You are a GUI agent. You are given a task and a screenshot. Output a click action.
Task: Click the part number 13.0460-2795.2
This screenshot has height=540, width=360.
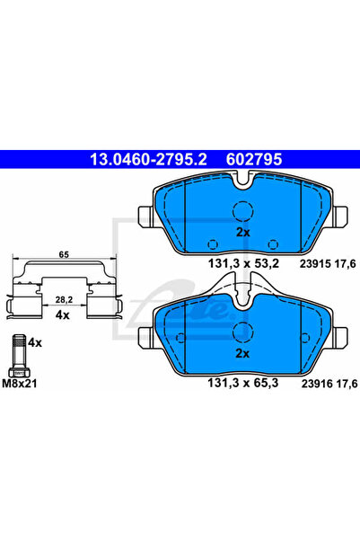click(x=148, y=159)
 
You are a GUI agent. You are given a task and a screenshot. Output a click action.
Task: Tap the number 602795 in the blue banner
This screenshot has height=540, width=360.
click(x=254, y=159)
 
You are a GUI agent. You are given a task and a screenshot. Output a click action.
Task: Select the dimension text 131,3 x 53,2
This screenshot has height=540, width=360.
click(x=243, y=264)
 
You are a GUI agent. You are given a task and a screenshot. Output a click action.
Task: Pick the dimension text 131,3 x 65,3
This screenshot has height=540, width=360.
click(x=243, y=383)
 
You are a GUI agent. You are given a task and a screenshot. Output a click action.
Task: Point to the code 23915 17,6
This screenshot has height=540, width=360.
click(x=328, y=264)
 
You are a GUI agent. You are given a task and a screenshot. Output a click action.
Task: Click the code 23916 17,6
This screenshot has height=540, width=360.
click(x=329, y=384)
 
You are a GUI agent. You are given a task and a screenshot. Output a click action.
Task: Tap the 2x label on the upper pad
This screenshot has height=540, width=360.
click(x=243, y=233)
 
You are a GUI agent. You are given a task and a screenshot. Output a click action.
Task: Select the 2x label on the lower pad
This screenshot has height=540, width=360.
click(x=242, y=354)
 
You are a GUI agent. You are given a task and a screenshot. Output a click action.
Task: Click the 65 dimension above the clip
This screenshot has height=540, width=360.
click(x=64, y=254)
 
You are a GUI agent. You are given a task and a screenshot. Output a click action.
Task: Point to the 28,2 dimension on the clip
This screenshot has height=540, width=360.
click(x=64, y=300)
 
